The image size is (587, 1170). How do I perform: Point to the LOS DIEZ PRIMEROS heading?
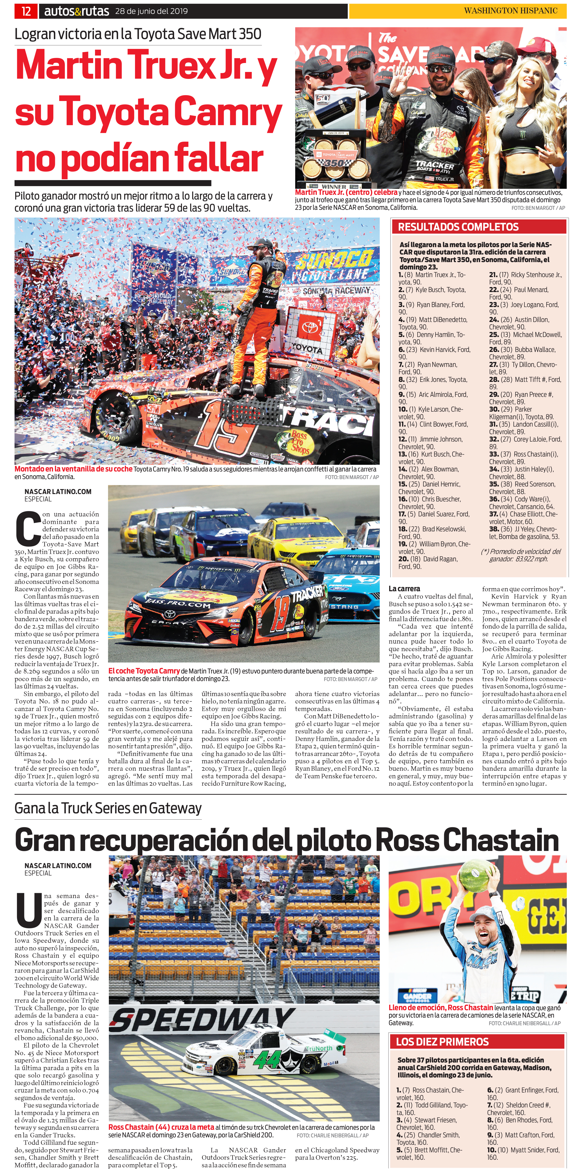coord(442,1042)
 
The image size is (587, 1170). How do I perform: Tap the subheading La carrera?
coord(404,589)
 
